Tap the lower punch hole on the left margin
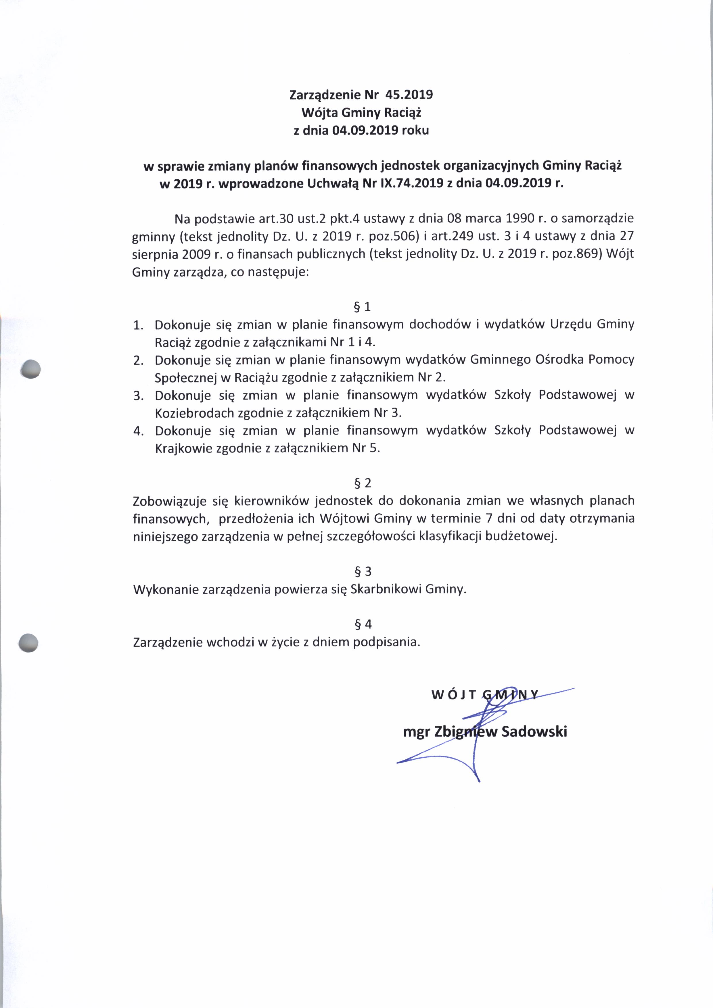28,643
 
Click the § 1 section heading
363,306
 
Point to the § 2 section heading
363,483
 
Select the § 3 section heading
363,571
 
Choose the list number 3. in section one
139,395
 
